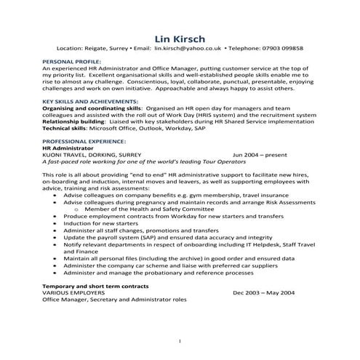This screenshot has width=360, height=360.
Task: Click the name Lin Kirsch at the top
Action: (x=180, y=38)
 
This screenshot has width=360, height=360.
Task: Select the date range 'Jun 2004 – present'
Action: (x=260, y=155)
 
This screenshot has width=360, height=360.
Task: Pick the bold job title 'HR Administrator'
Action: (x=65, y=148)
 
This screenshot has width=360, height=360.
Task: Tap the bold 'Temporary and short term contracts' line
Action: (x=89, y=285)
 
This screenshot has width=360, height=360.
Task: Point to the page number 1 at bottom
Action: (x=180, y=340)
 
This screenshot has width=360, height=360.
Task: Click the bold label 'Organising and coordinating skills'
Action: (x=81, y=108)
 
